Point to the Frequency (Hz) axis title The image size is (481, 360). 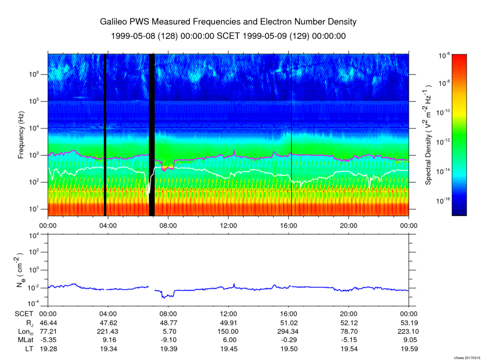pyautogui.click(x=21, y=135)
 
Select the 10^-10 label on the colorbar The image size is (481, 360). pyautogui.click(x=444, y=112)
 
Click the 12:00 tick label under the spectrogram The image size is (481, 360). pyautogui.click(x=229, y=226)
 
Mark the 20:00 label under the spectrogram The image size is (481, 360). pyautogui.click(x=349, y=226)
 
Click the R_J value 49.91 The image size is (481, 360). pyautogui.click(x=229, y=323)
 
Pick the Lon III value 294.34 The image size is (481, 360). pyautogui.click(x=289, y=331)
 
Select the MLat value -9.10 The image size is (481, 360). pyautogui.click(x=169, y=340)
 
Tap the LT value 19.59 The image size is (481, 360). pyautogui.click(x=409, y=349)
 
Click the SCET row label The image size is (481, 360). pyautogui.click(x=24, y=314)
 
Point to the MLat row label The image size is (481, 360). pyautogui.click(x=25, y=340)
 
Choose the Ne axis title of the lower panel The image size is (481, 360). pyautogui.click(x=20, y=270)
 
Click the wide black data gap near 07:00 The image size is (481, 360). pyautogui.click(x=152, y=135)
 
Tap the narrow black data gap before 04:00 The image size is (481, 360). pyautogui.click(x=105, y=135)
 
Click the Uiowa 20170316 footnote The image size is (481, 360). pyautogui.click(x=467, y=358)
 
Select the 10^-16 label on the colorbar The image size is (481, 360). pyautogui.click(x=444, y=201)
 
